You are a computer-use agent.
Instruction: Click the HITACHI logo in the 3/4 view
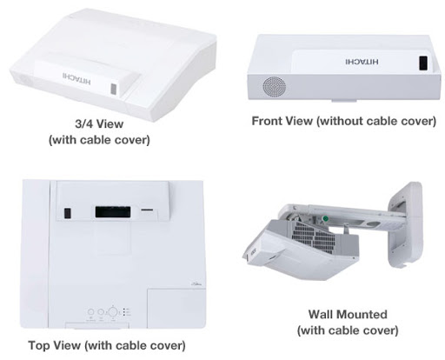tap(76, 78)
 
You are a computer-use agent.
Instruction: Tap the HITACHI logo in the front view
tap(362, 61)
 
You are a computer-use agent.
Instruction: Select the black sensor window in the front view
tap(423, 63)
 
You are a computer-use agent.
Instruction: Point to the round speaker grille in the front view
tap(274, 87)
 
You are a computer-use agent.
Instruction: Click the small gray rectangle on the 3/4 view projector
tap(114, 90)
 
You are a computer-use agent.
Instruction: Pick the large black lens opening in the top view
tap(113, 212)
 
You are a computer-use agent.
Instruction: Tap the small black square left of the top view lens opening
tap(68, 213)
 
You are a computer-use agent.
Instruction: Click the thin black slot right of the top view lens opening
tap(148, 209)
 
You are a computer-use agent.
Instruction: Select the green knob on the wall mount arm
tap(325, 218)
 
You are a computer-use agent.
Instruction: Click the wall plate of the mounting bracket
tap(405, 224)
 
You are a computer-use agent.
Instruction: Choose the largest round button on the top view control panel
tap(113, 312)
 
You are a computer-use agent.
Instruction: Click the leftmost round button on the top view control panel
tap(90, 312)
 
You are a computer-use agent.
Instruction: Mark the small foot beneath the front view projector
tap(344, 101)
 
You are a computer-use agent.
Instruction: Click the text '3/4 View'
tap(99, 124)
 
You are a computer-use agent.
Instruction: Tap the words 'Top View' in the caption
tap(55, 345)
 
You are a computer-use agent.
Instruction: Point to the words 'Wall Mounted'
tap(348, 314)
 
